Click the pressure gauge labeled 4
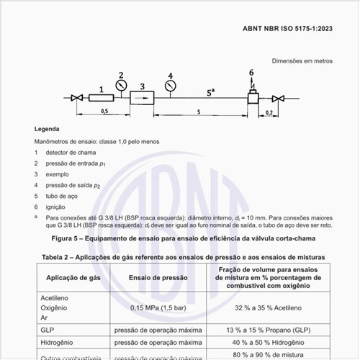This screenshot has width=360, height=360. pyautogui.click(x=170, y=87)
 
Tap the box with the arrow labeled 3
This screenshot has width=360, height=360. pyautogui.click(x=142, y=97)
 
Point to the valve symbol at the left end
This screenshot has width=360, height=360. pyautogui.click(x=76, y=97)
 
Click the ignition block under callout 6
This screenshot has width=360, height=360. pyautogui.click(x=253, y=96)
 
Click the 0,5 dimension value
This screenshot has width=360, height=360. pyautogui.click(x=104, y=112)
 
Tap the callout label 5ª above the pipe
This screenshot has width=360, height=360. pyautogui.click(x=210, y=92)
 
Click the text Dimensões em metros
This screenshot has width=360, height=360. pyautogui.click(x=302, y=61)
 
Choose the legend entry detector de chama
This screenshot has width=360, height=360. pyautogui.click(x=71, y=153)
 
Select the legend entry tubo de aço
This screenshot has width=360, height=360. pyautogui.click(x=63, y=195)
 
